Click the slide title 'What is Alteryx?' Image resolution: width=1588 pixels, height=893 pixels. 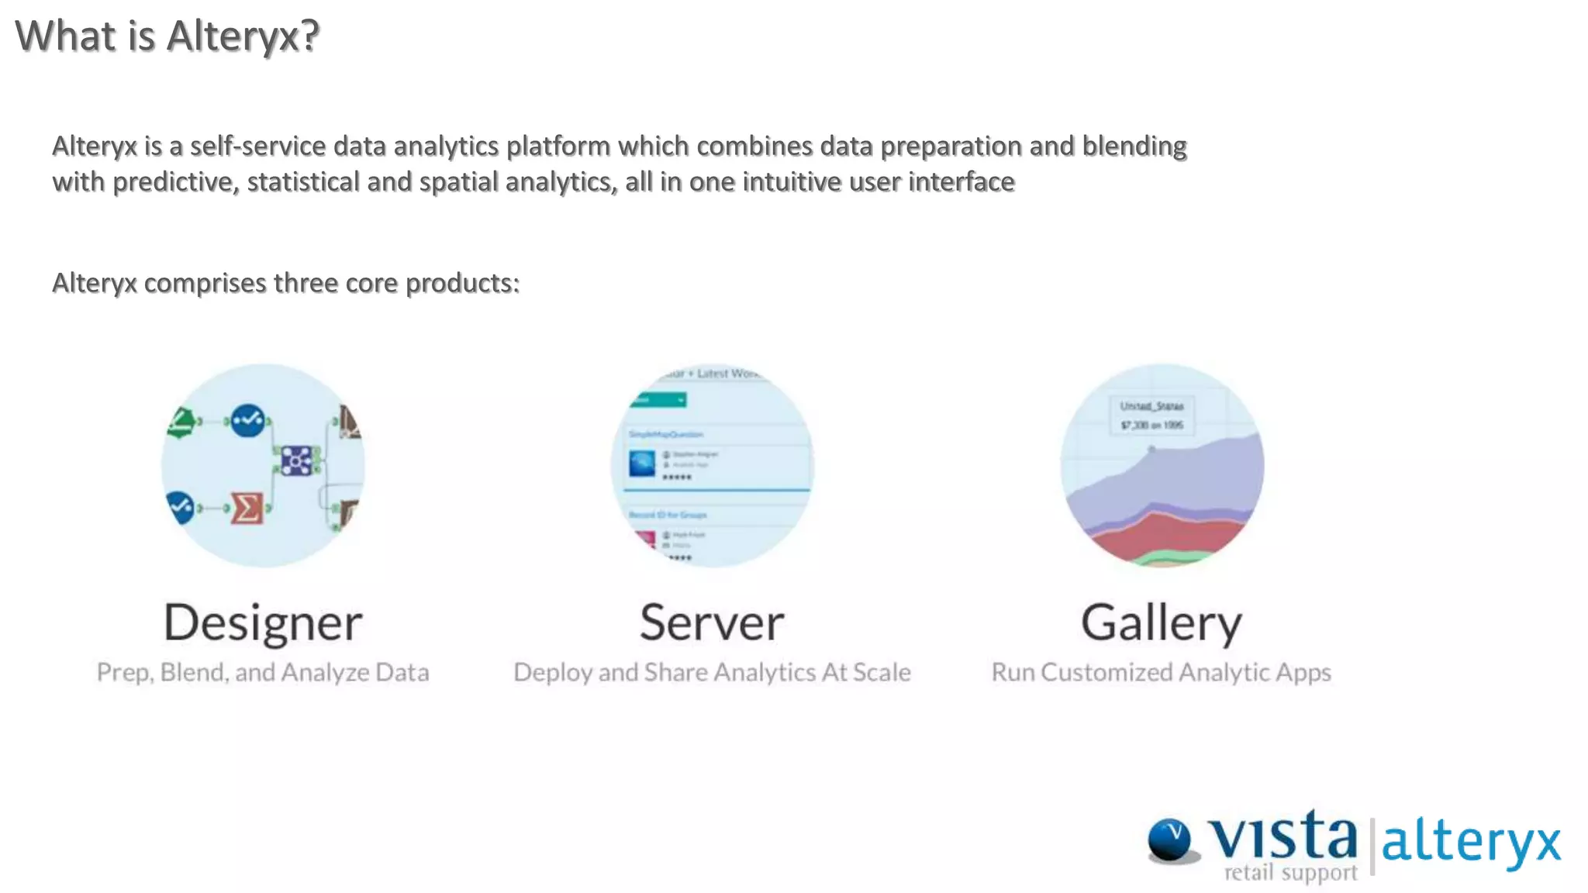pyautogui.click(x=167, y=36)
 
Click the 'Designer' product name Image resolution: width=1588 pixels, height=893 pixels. pyautogui.click(x=263, y=622)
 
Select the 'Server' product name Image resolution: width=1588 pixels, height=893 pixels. pyautogui.click(x=712, y=622)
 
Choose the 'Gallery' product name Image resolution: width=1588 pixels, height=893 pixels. pyautogui.click(x=1161, y=622)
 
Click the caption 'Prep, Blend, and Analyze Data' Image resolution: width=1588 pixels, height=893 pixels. pyautogui.click(x=263, y=672)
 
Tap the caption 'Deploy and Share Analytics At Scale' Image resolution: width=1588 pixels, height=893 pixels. pyautogui.click(x=712, y=672)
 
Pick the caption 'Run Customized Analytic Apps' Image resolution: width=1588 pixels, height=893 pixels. pyautogui.click(x=1161, y=672)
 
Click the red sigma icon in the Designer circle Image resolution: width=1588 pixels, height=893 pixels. pyautogui.click(x=247, y=509)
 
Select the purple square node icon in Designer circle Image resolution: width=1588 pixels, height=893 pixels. pyautogui.click(x=296, y=460)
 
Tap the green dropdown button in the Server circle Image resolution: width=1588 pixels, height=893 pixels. pyautogui.click(x=659, y=400)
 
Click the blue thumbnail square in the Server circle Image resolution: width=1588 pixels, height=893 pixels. pyautogui.click(x=643, y=464)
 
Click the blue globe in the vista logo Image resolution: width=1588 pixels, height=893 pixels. pyautogui.click(x=1170, y=840)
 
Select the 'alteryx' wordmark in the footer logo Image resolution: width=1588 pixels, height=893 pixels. pyautogui.click(x=1471, y=843)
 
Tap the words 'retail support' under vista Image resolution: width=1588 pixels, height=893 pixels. pyautogui.click(x=1290, y=873)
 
